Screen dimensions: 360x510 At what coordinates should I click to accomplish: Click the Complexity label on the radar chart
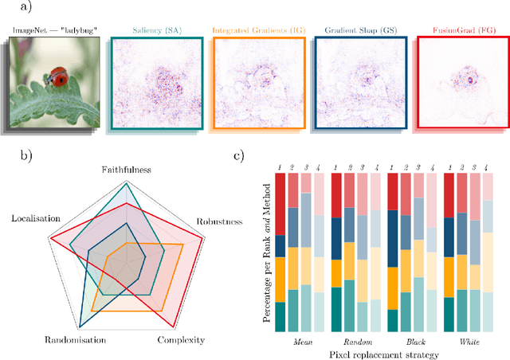(181, 340)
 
